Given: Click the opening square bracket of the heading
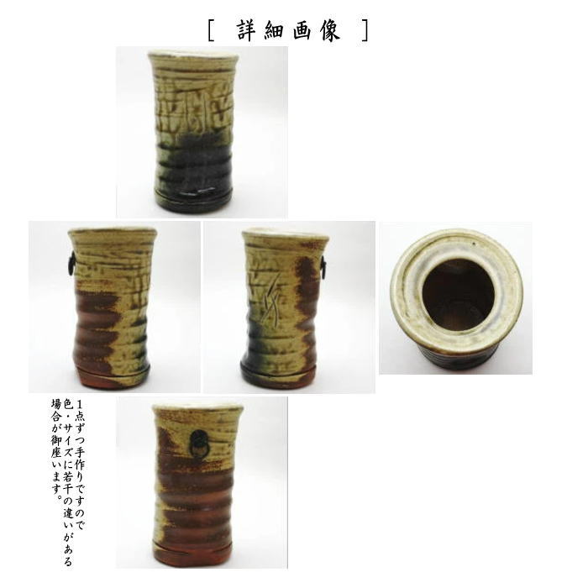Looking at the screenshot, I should coord(211,30).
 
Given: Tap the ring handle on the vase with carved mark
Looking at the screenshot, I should coord(323,268).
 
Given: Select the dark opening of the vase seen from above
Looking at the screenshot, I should coord(457,293).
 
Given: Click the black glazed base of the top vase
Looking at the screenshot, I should coord(193,197).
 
